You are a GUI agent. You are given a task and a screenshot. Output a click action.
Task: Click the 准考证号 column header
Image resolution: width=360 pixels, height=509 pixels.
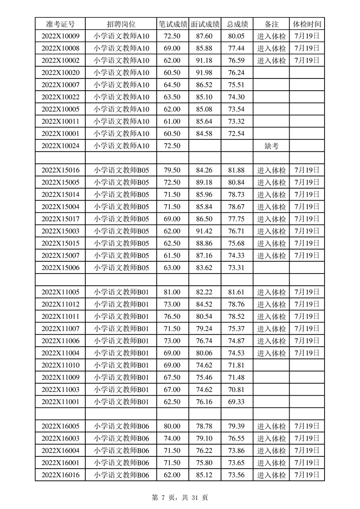(x=60, y=24)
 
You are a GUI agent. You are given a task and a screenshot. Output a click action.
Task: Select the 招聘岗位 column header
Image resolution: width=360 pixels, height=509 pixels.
(x=121, y=24)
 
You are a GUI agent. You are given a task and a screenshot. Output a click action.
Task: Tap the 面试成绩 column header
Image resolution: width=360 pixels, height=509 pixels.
(x=205, y=24)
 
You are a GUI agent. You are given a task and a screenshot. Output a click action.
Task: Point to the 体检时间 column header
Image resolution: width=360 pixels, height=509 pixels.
(x=307, y=24)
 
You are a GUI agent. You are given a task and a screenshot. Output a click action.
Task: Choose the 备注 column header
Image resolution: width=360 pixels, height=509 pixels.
(x=271, y=24)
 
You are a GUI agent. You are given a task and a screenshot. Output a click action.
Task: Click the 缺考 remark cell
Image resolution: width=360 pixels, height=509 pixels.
(x=271, y=146)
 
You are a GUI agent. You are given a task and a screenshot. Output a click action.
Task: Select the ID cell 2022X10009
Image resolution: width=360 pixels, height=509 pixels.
(x=60, y=36)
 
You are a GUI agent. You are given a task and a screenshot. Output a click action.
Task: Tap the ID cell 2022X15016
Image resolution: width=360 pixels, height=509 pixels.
(x=60, y=170)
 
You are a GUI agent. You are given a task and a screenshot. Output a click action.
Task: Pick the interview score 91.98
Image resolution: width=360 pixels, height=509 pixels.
(x=205, y=73)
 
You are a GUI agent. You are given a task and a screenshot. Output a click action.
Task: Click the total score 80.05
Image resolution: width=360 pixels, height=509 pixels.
(x=237, y=36)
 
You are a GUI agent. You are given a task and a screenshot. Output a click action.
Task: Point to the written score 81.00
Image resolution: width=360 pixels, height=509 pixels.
(x=173, y=292)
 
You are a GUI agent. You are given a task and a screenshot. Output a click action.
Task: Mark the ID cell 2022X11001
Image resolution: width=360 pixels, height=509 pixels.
(x=60, y=401)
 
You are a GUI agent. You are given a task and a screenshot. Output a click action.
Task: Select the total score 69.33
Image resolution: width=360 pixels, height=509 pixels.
(x=237, y=401)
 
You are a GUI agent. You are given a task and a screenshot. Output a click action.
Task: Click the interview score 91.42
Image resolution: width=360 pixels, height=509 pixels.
(x=205, y=231)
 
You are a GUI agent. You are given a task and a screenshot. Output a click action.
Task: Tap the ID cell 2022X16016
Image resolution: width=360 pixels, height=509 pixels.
(x=60, y=475)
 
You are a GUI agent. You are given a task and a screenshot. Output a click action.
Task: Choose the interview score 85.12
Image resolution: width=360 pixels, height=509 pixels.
(x=205, y=475)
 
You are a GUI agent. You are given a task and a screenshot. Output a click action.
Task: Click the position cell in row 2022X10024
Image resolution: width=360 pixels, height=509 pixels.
(x=121, y=146)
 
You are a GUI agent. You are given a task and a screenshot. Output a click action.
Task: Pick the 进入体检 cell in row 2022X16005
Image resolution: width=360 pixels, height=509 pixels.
(x=271, y=426)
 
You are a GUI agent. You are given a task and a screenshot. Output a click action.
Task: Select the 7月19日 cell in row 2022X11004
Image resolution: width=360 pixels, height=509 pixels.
(x=307, y=352)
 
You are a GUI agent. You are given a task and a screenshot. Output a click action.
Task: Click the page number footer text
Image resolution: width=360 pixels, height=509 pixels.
(x=180, y=498)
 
